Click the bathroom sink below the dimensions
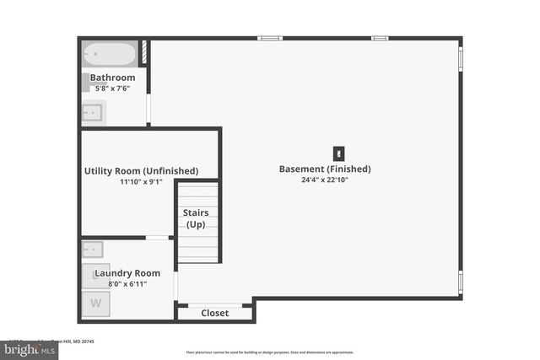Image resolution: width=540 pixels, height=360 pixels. (93, 111)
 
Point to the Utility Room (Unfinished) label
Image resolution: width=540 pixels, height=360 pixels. (141, 170)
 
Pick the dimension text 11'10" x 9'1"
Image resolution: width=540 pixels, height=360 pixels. (141, 181)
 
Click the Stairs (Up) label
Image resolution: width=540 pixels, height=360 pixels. (197, 218)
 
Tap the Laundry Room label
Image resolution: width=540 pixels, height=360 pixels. (127, 273)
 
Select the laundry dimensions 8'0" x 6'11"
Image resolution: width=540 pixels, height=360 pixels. (127, 284)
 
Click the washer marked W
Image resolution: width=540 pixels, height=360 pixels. (95, 304)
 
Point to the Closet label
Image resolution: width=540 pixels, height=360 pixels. (214, 314)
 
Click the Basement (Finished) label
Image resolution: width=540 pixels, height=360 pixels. (324, 169)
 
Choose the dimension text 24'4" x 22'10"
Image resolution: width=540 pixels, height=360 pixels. (324, 180)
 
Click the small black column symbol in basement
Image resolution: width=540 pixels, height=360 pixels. (339, 153)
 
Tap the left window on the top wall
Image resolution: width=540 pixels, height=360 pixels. (269, 38)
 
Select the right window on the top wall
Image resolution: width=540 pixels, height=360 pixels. (380, 38)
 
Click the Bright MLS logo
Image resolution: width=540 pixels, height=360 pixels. (25, 347)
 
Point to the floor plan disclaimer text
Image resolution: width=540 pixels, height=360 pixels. (270, 352)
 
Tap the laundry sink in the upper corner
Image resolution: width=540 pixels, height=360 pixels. (93, 250)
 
